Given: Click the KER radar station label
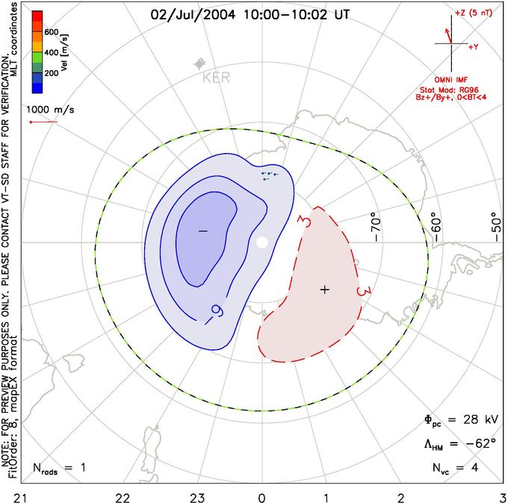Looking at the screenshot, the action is (x=216, y=78).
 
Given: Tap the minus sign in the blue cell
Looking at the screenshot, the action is (x=202, y=231).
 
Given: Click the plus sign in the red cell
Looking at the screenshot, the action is (x=325, y=290).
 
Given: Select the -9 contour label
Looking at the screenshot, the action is (x=214, y=313).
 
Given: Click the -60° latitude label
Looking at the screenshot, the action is (x=436, y=227).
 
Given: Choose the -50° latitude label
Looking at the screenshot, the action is (x=495, y=227).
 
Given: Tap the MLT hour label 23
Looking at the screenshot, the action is (x=197, y=497).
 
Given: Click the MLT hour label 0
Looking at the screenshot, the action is (x=261, y=497).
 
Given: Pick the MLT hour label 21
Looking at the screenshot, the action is (x=21, y=497).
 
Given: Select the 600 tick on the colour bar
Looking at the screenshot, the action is (x=52, y=32).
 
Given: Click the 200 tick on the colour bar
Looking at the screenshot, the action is (x=52, y=73).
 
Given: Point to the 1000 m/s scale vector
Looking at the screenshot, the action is (x=44, y=122).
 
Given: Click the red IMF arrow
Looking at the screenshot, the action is (x=448, y=36).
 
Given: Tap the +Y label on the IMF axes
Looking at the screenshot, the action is (x=474, y=47).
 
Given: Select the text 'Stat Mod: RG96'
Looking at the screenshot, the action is (x=449, y=90).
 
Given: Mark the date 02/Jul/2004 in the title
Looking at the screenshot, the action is (x=193, y=15).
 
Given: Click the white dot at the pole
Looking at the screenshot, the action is (x=261, y=242).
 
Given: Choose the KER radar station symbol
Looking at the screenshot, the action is (x=200, y=63).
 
